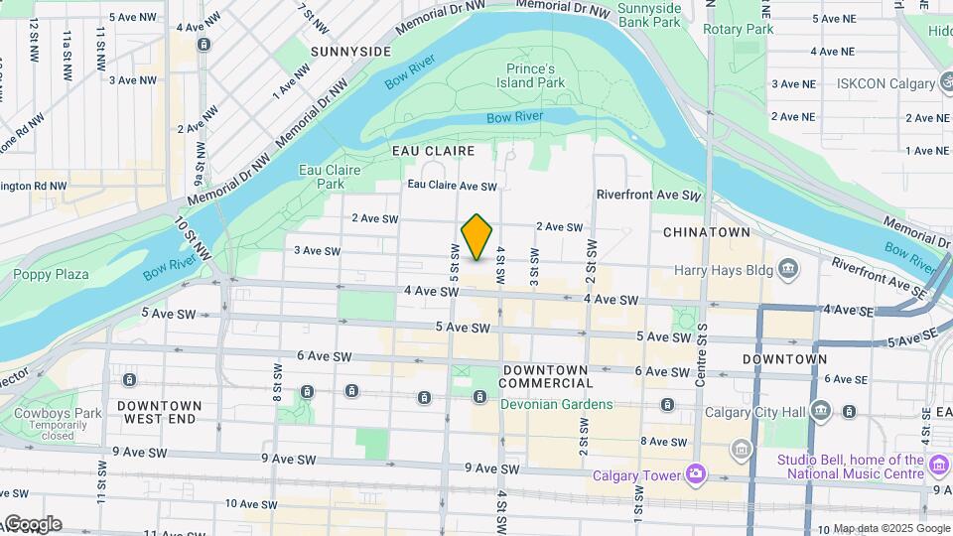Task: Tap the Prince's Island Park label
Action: point(536,76)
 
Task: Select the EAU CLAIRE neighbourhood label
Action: point(432,151)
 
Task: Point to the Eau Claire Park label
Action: point(322,177)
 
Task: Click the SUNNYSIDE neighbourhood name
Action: point(350,51)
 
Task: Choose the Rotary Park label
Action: point(738,29)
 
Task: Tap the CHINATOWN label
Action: point(706,232)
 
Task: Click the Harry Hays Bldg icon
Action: point(788,268)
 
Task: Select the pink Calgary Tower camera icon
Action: point(694,474)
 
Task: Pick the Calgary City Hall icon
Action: point(820,411)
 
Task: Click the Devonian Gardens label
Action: point(556,405)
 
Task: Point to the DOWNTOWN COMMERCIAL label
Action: point(545,376)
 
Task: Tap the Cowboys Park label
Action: point(45,413)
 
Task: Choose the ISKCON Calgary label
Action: point(893,83)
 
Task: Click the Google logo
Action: point(32,523)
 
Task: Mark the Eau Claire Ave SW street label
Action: point(452,186)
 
